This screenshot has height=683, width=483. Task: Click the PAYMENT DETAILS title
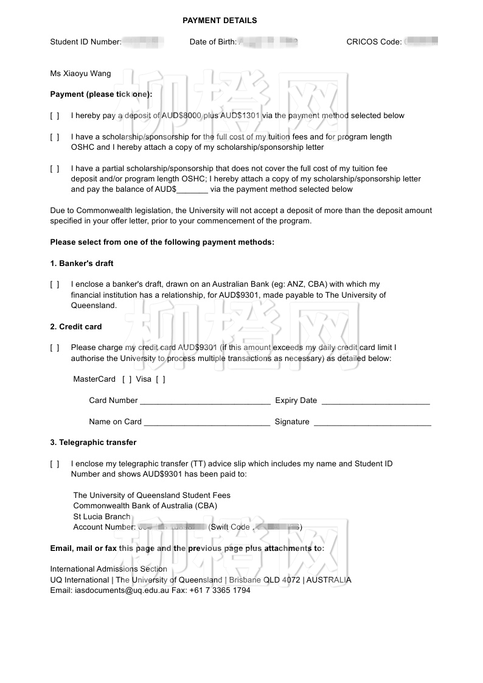[220, 21]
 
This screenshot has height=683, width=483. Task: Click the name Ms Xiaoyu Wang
[80, 74]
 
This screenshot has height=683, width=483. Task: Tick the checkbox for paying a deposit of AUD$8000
[55, 116]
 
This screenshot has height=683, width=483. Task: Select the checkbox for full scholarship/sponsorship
[55, 137]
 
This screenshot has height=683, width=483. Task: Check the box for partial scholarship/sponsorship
[55, 169]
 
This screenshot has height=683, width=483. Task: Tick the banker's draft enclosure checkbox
[55, 284]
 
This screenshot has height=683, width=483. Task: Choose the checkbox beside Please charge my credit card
[55, 348]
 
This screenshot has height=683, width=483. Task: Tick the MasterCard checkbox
[127, 379]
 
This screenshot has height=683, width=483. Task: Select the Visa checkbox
[161, 379]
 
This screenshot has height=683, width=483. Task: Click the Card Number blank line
[205, 401]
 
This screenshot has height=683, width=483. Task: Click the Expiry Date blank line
[375, 401]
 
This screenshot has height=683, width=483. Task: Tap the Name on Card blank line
[207, 422]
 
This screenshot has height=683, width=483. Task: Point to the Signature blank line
[372, 422]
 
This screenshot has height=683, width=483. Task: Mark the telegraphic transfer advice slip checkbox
[55, 464]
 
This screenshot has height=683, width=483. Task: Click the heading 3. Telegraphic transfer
[93, 443]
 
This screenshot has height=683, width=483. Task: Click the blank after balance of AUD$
[192, 189]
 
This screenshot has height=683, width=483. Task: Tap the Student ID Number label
[85, 42]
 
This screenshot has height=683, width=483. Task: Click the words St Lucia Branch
[102, 517]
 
